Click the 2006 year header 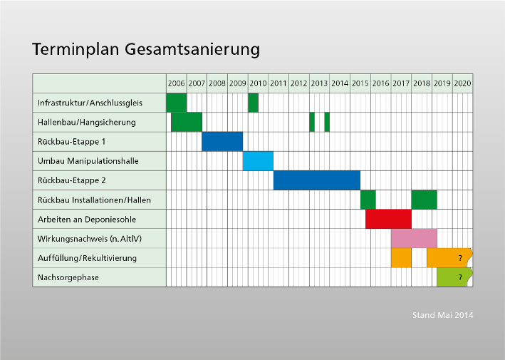point(176,83)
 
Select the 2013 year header point(319,83)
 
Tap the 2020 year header point(462,83)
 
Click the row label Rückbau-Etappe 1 point(71,142)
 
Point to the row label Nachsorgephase point(68,277)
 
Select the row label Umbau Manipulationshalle point(88,161)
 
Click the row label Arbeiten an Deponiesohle point(87,220)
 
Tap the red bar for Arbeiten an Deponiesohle point(388,219)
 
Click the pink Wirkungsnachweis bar point(414,239)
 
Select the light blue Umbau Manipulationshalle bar point(258,161)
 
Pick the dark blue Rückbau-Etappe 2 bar point(317,180)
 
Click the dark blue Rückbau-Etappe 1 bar point(222,141)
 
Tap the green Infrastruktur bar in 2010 point(253,103)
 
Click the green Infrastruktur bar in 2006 point(177,103)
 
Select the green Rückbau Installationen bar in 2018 point(425,200)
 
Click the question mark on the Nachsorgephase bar point(460,277)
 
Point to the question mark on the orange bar point(460,258)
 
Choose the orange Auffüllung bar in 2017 point(401,258)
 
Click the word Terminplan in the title point(76,49)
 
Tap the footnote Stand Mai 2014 point(443,315)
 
